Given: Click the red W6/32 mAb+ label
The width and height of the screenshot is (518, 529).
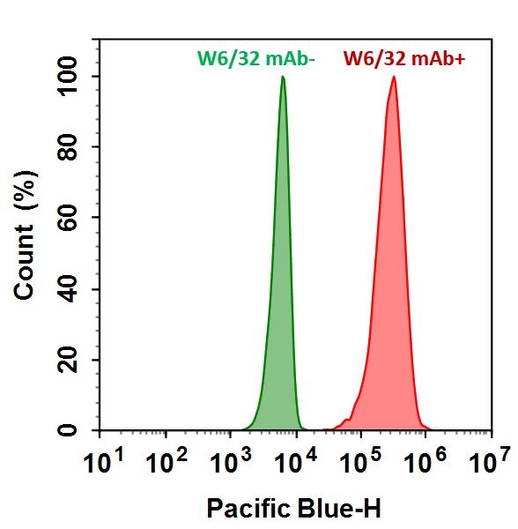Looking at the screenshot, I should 391,59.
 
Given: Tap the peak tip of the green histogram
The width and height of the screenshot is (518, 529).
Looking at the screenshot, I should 283,78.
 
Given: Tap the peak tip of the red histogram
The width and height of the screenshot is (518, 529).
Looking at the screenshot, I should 394,78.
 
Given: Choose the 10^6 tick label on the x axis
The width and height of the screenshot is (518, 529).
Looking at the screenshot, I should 425,461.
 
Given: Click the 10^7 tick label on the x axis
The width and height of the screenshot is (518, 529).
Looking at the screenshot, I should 490,461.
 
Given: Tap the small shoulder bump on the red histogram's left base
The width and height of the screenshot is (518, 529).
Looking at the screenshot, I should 355,407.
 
